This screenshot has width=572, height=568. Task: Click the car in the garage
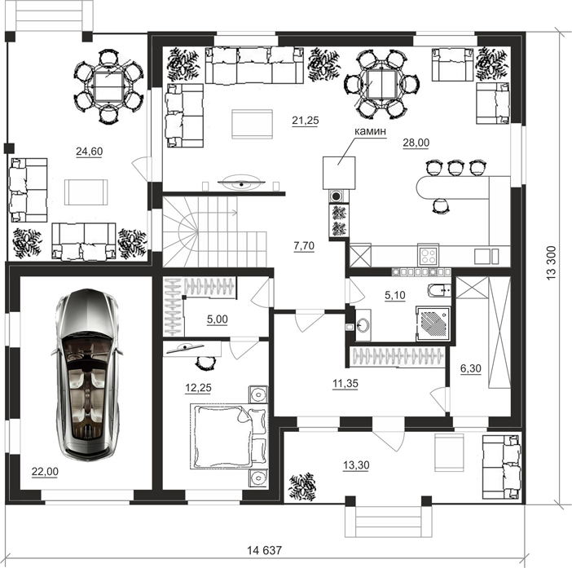(x=87, y=375)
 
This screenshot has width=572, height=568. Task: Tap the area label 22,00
(x=45, y=472)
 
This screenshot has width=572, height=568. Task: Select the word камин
(x=370, y=131)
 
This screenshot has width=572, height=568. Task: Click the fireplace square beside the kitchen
(x=339, y=173)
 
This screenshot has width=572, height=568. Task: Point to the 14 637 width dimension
(x=265, y=550)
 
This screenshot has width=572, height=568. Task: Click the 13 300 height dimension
(x=551, y=262)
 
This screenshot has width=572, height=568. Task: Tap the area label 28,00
(x=416, y=143)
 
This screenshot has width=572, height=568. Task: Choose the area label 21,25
(x=306, y=120)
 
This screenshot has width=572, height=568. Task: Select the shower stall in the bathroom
(x=433, y=324)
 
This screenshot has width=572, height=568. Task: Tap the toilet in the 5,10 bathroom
(x=439, y=289)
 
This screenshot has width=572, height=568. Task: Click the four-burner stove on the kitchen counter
(x=428, y=256)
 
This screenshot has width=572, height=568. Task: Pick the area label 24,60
(x=90, y=151)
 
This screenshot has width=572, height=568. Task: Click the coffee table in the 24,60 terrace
(x=86, y=192)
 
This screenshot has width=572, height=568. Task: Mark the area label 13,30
(x=356, y=465)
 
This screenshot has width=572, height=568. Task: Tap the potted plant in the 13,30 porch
(x=302, y=487)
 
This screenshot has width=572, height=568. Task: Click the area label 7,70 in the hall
(x=304, y=246)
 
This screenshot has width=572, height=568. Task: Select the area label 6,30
(x=471, y=368)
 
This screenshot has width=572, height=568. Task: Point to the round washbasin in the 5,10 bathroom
(x=363, y=324)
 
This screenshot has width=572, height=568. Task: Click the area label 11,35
(x=345, y=383)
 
